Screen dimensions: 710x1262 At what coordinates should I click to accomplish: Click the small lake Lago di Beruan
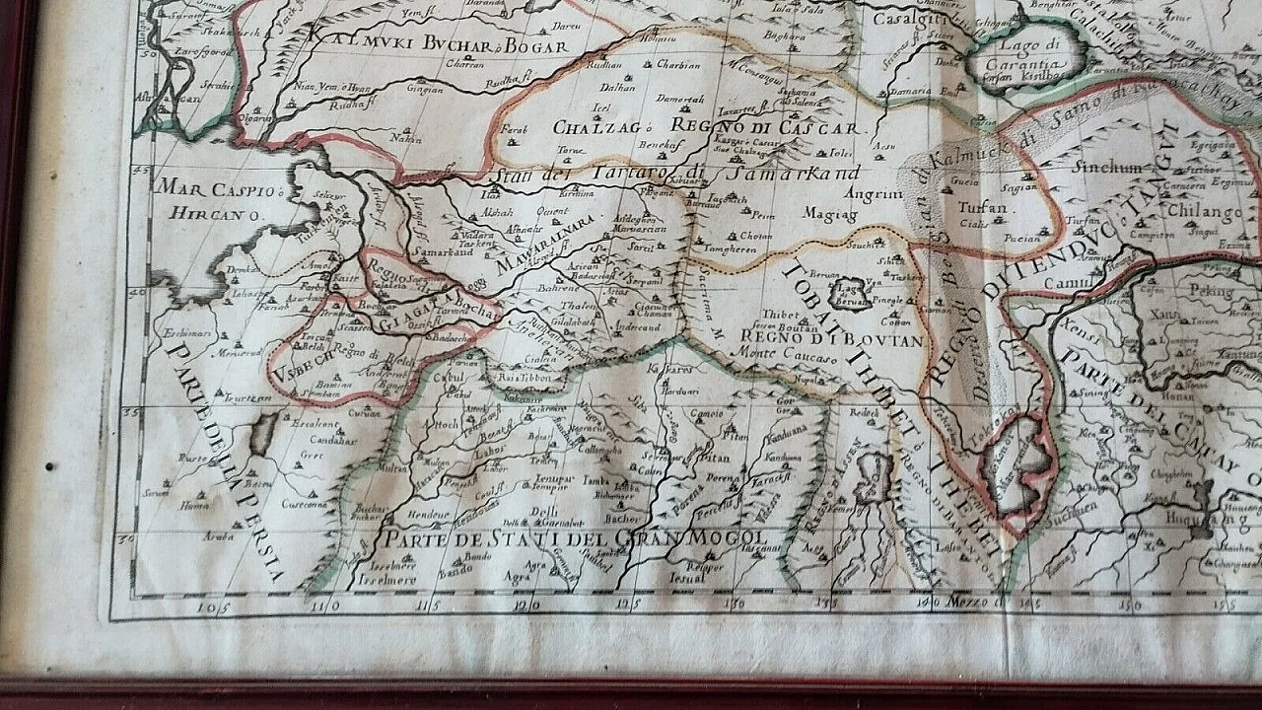[x=848, y=291]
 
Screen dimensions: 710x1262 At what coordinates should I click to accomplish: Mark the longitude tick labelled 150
[x=1133, y=604]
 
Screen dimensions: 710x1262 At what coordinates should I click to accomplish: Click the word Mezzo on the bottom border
[x=968, y=601]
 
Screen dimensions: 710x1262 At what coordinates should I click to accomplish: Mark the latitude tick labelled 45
[x=141, y=171]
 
